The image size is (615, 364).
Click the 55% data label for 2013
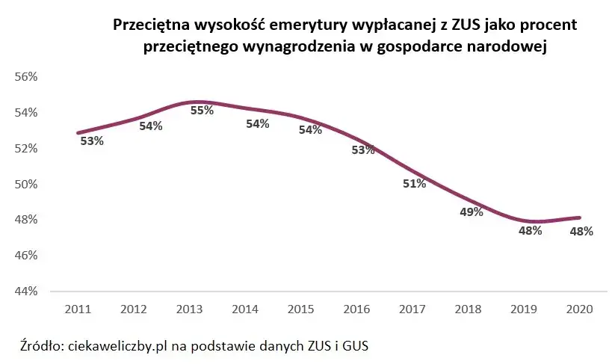click(x=202, y=110)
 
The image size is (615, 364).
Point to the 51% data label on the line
click(x=414, y=184)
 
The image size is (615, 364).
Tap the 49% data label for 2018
click(x=472, y=212)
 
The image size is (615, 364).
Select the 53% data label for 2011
click(x=91, y=141)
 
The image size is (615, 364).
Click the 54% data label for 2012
click(x=150, y=126)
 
